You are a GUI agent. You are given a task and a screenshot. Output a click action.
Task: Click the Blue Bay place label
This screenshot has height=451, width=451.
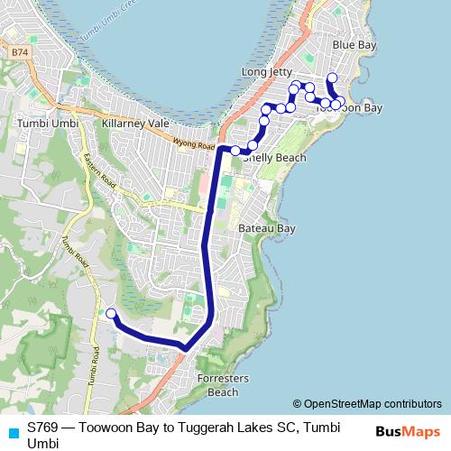pyautogui.click(x=354, y=44)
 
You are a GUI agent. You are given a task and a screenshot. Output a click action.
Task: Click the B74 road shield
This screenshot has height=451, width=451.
pyautogui.click(x=20, y=54)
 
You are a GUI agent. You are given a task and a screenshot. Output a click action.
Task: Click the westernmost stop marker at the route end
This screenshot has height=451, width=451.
pyautogui.click(x=111, y=314)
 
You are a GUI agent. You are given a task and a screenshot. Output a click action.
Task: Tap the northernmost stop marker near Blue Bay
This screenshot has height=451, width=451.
pyautogui.click(x=332, y=78)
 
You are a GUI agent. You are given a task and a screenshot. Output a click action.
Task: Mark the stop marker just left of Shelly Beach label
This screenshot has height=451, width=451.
pyautogui.click(x=235, y=151)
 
